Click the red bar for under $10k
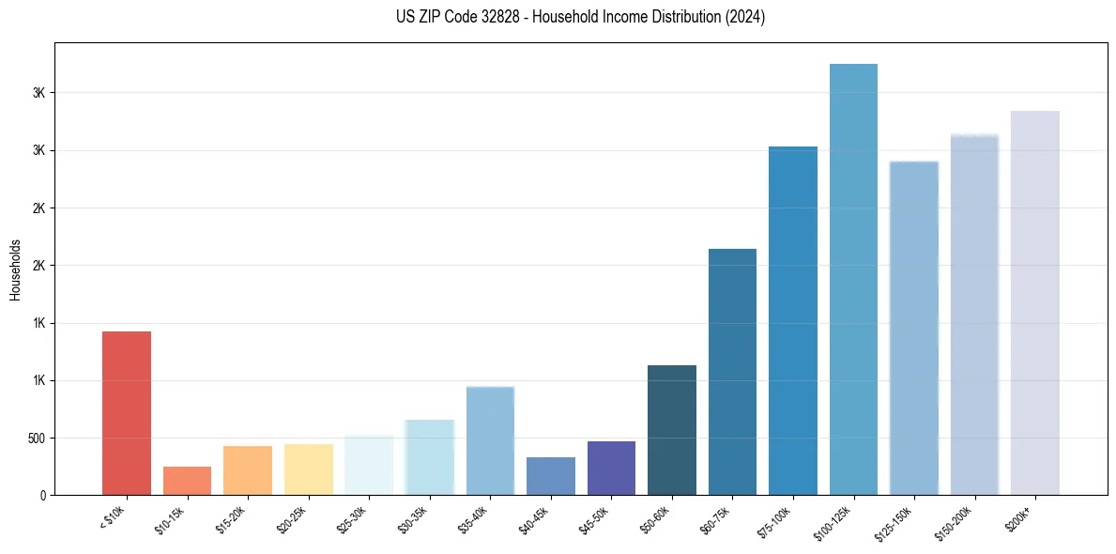[127, 413]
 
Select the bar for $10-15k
[187, 481]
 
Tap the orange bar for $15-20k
[248, 470]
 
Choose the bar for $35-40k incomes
[490, 440]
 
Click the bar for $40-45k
[551, 476]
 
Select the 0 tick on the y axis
[41, 496]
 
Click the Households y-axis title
[15, 269]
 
